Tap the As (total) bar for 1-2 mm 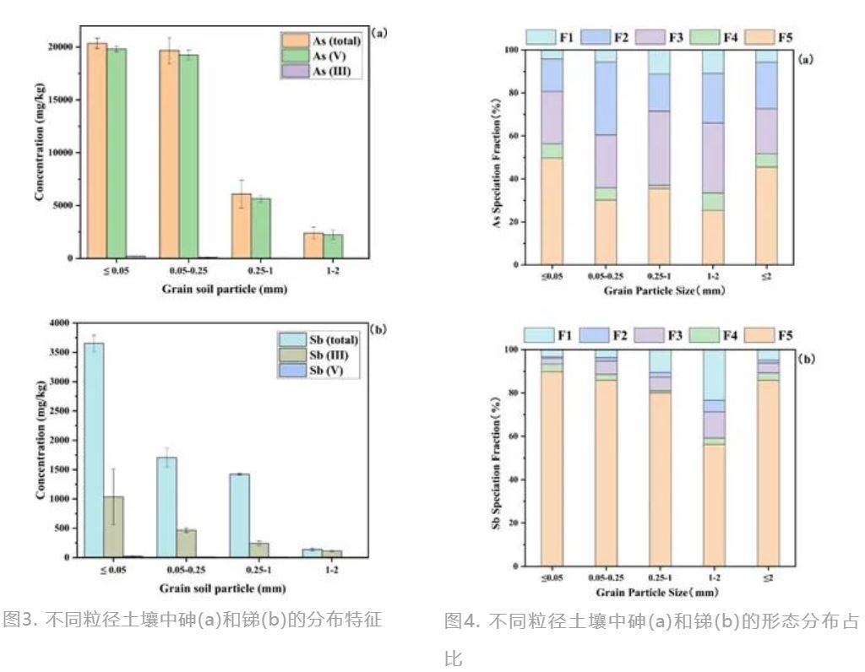tap(313, 245)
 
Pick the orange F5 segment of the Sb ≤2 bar tap(766, 473)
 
